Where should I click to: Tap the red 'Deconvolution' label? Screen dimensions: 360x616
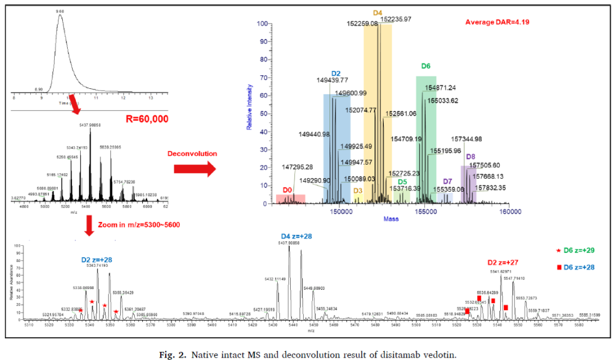pyautogui.click(x=193, y=153)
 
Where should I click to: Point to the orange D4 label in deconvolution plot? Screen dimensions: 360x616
pyautogui.click(x=378, y=12)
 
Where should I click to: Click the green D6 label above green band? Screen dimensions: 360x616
pyautogui.click(x=426, y=66)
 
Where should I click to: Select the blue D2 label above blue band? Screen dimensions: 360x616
pyautogui.click(x=336, y=73)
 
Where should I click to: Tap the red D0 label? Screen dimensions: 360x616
pyautogui.click(x=287, y=190)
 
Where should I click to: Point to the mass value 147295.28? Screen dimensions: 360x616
pyautogui.click(x=298, y=167)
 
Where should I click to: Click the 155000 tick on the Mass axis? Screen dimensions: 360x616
pyautogui.click(x=426, y=211)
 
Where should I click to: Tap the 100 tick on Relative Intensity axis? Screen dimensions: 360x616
pyautogui.click(x=263, y=24)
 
